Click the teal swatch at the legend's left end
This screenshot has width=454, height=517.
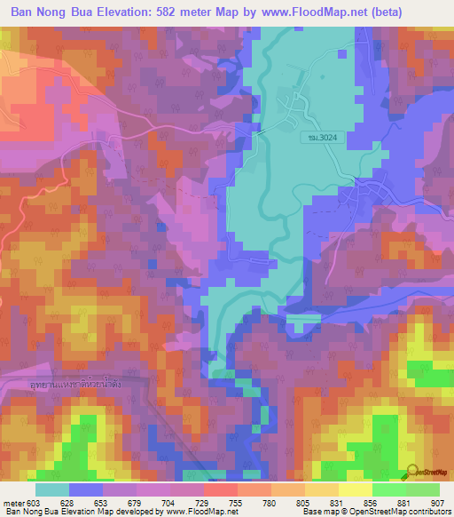pyautogui.click(x=52, y=489)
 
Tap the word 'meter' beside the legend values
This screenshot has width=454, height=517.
pyautogui.click(x=13, y=502)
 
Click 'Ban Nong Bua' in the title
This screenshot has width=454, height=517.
pyautogui.click(x=50, y=12)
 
